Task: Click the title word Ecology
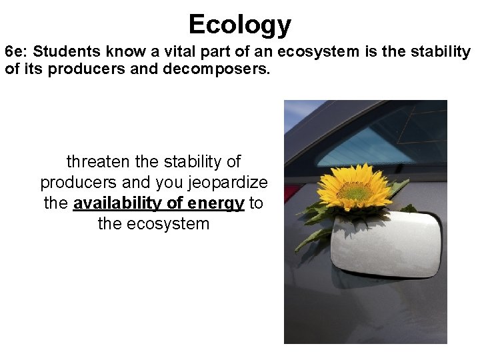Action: [x=240, y=25]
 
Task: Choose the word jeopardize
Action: [x=228, y=183]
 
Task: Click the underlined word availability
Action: [x=124, y=203]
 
